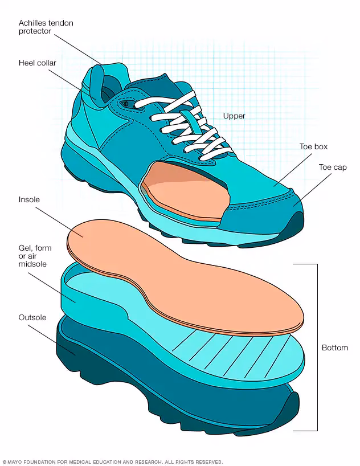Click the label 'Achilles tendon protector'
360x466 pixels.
46,27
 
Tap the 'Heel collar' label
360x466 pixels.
38,63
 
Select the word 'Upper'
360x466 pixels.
234,116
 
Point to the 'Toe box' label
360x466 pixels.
313,147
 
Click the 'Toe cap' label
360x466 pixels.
333,167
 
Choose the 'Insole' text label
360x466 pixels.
29,199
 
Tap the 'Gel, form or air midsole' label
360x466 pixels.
35,256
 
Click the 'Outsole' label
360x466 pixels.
32,317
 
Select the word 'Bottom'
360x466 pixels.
335,348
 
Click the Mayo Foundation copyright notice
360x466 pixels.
113,462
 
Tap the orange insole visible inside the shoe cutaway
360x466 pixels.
185,191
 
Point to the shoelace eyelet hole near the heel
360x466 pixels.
125,104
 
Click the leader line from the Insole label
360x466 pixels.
59,221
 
